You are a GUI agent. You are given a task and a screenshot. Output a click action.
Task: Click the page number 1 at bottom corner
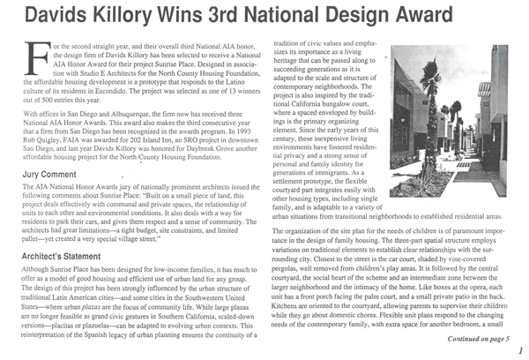point(518,352)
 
